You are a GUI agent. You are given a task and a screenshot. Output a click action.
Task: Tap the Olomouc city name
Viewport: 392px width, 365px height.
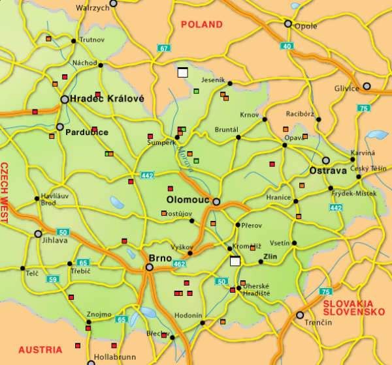click(x=187, y=201)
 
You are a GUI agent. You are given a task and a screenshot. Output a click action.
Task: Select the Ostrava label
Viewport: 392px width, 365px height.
click(x=327, y=171)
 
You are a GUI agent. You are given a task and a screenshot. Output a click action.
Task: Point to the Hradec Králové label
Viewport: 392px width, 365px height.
click(x=106, y=98)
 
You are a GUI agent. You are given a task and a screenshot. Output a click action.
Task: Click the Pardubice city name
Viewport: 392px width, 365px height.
click(x=87, y=132)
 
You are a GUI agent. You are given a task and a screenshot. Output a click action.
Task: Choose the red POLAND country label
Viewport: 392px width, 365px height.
click(x=202, y=24)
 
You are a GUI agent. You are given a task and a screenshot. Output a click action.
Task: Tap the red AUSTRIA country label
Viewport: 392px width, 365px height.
click(x=41, y=350)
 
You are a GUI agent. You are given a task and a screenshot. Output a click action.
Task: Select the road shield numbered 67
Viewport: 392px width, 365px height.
click(x=163, y=48)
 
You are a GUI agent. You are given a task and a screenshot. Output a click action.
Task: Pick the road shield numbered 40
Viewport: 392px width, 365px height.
click(x=287, y=46)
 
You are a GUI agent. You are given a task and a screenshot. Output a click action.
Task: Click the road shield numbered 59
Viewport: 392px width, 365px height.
click(x=54, y=279)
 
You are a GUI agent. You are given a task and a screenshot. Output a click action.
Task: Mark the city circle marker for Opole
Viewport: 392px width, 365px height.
click(x=287, y=23)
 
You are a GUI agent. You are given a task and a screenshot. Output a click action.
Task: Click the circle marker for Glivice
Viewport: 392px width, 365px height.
click(x=367, y=86)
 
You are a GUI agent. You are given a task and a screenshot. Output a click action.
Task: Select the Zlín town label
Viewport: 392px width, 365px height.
click(x=270, y=257)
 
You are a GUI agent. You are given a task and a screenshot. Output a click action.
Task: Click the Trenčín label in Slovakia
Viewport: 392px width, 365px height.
click(x=313, y=323)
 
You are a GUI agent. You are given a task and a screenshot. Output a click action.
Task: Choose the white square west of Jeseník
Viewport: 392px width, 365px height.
click(x=182, y=72)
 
